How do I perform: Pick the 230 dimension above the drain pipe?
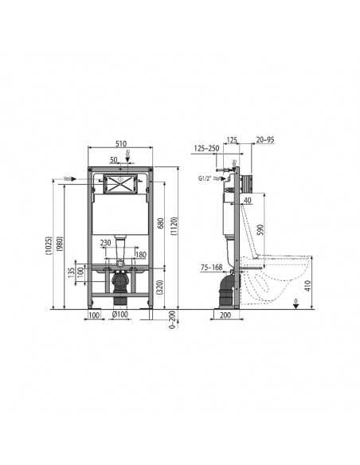click(105, 243)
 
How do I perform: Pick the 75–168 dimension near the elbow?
click(212, 268)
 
